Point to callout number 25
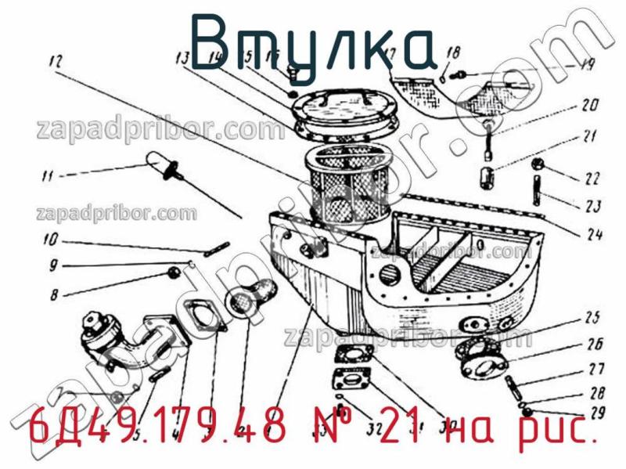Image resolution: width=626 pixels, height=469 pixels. (592, 319)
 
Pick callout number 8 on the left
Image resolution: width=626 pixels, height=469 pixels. (53, 295)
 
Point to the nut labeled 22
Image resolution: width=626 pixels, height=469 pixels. (538, 165)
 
